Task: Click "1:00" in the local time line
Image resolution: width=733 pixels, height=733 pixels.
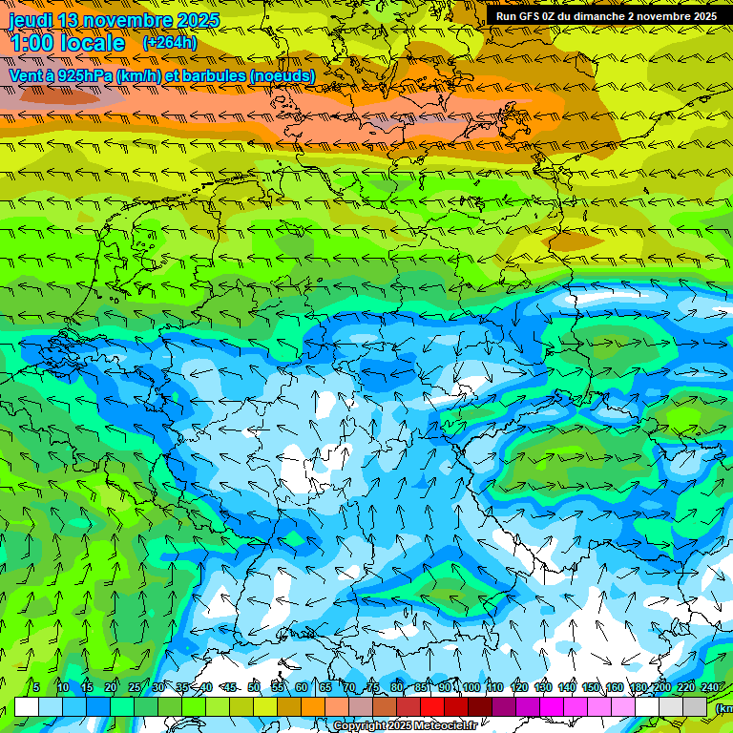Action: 31,43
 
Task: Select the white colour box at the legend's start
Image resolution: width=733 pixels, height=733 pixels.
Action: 27,706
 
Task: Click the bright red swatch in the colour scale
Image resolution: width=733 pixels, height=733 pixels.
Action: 432,706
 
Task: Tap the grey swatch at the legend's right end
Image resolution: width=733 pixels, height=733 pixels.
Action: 695,706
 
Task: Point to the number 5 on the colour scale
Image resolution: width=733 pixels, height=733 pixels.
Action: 35,688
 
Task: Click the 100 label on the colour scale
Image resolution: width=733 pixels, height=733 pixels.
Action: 471,688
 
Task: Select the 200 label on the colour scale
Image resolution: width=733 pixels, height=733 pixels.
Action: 661,688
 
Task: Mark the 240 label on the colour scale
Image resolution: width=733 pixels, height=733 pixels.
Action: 709,688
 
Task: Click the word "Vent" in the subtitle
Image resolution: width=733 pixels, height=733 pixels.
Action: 26,75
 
